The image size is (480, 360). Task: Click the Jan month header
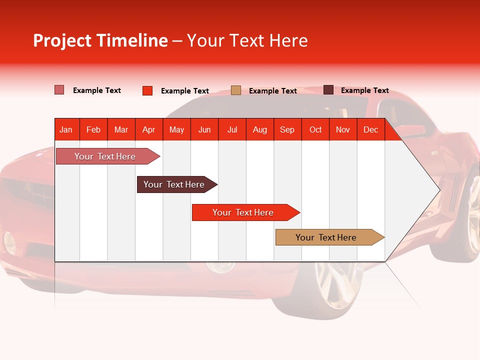[66, 129]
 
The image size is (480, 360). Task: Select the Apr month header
[148, 129]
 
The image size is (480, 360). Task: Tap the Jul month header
[232, 129]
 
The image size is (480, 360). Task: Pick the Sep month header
[287, 129]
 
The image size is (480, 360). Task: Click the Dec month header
[370, 129]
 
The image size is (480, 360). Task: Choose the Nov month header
[342, 129]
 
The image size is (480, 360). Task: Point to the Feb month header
[93, 129]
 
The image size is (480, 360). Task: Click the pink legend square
[59, 90]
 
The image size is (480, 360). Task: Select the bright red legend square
[147, 90]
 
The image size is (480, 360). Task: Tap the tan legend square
[236, 90]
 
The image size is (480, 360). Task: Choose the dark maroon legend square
[328, 90]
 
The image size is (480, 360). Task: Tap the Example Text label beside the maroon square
[364, 90]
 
